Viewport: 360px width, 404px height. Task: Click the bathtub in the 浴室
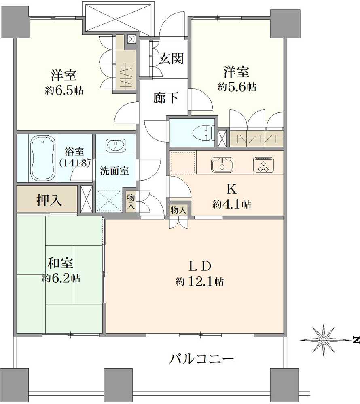pyautogui.click(x=42, y=158)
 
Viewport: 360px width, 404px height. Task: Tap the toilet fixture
pyautogui.click(x=202, y=133)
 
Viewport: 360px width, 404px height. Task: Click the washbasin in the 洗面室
pyautogui.click(x=115, y=144)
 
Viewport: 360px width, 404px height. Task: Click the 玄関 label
pyautogui.click(x=171, y=59)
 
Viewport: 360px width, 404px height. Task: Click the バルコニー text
pyautogui.click(x=201, y=358)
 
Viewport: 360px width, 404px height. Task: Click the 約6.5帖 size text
pyautogui.click(x=64, y=90)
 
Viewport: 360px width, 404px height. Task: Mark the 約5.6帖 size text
pyautogui.click(x=237, y=87)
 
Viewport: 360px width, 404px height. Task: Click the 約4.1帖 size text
pyautogui.click(x=232, y=204)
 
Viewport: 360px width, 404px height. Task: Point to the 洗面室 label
pyautogui.click(x=114, y=170)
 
